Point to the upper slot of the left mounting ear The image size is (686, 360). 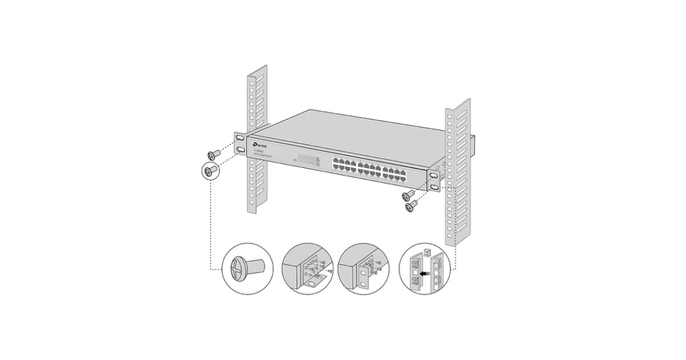click(240, 139)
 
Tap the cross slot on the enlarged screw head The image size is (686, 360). click(237, 269)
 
